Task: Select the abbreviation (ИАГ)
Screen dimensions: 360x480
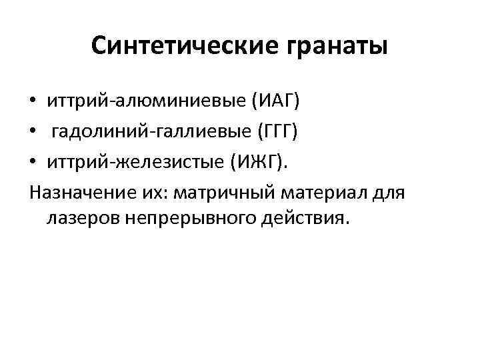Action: (275, 102)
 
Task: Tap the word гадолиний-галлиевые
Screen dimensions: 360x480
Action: (151, 131)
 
